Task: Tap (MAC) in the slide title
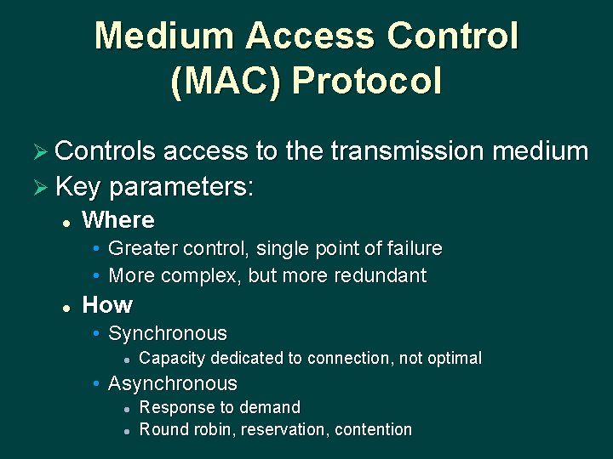(225, 82)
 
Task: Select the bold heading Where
(118, 220)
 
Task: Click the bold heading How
(107, 304)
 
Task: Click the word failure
(411, 248)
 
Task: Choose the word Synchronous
(168, 333)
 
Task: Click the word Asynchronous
(173, 383)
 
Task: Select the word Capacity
(171, 358)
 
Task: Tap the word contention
(373, 429)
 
